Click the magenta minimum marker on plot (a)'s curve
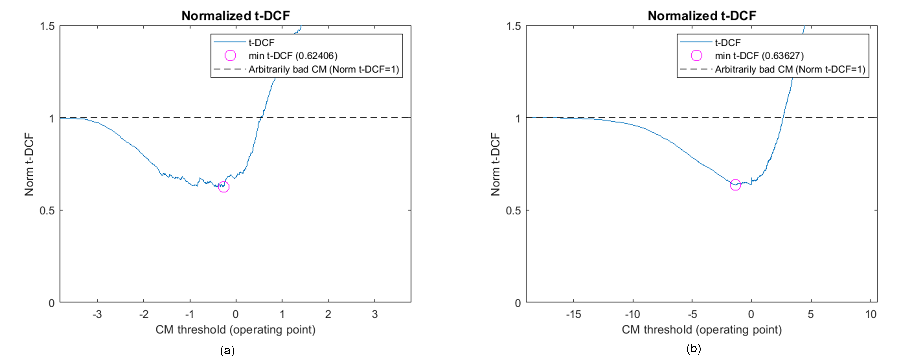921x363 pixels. (223, 186)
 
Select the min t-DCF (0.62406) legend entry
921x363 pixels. (292, 56)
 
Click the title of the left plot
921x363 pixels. (236, 16)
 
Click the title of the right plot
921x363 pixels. (702, 16)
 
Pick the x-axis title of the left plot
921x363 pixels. (235, 329)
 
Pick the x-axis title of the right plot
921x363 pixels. (702, 329)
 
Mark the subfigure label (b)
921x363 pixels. (694, 348)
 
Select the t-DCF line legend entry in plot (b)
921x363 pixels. (727, 43)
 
